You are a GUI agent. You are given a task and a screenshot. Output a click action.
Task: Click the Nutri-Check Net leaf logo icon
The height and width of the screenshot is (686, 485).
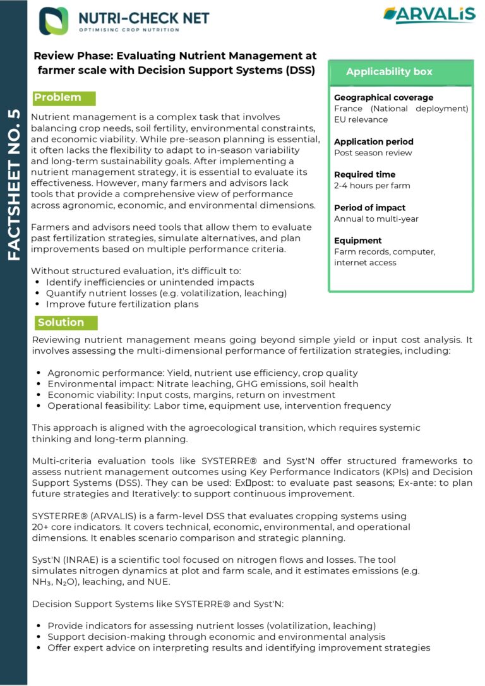coord(54,20)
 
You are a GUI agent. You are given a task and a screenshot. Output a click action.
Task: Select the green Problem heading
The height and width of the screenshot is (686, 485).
coord(57,97)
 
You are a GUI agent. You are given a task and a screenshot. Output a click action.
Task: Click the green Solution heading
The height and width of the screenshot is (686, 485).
coord(61,322)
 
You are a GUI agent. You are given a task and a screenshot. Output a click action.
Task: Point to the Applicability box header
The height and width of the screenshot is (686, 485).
coord(389,71)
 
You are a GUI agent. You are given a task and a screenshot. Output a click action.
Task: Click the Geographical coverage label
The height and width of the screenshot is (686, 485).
coord(383,97)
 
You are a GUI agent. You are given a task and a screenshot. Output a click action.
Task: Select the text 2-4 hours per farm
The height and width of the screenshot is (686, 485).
coord(372,186)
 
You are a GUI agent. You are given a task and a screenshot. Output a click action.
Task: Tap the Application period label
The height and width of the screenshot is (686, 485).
coord(373,141)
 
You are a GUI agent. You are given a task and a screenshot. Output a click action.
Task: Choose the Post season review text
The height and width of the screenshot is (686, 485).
coord(373,153)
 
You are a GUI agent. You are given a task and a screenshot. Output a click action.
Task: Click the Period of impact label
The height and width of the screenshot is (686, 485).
coord(369,208)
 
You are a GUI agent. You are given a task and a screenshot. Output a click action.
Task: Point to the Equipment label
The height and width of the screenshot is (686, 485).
coord(357,241)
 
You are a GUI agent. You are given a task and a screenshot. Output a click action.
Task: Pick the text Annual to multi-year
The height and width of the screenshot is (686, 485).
coord(376,219)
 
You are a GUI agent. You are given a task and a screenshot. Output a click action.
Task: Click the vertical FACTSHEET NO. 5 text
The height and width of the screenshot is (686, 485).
coord(14,186)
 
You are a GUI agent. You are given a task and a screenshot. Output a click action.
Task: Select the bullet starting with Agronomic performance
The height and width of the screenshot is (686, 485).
coord(202,373)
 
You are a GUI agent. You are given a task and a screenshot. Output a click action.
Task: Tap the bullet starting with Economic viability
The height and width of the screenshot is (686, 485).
coord(191,395)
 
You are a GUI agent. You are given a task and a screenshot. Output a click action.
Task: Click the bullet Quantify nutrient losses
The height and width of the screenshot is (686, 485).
coord(167,293)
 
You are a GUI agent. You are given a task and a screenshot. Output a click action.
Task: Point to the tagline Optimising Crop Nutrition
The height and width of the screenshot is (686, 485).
coord(129,30)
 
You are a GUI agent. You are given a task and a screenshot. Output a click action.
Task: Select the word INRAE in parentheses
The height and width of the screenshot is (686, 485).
coord(76,560)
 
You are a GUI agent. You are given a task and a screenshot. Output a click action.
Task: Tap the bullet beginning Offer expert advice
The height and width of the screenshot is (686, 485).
coord(239,647)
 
